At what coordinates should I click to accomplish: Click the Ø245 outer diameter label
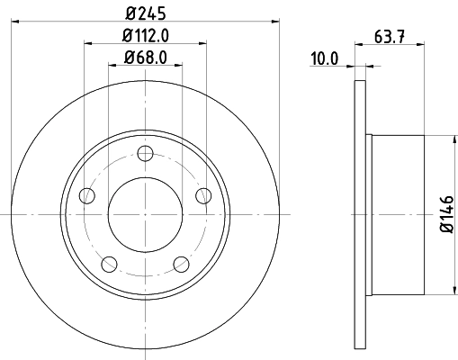(145, 12)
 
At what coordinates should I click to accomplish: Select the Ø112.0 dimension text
(145, 35)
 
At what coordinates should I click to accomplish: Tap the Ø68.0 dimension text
(145, 59)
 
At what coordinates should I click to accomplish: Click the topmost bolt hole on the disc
(145, 153)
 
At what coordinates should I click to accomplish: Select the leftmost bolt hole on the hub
(87, 195)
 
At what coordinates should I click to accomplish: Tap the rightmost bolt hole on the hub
(202, 195)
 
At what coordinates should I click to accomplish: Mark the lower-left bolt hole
(110, 263)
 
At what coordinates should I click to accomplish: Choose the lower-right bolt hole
(181, 263)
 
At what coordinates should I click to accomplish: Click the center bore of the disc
(145, 213)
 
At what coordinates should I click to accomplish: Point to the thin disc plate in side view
(361, 213)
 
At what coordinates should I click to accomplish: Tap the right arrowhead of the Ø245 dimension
(276, 20)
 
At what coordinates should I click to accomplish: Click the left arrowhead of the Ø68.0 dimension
(112, 67)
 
